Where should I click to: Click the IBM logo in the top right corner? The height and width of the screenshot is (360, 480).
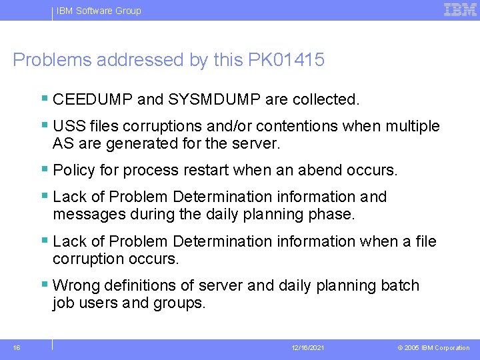[460, 9]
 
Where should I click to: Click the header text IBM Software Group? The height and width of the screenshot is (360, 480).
[99, 11]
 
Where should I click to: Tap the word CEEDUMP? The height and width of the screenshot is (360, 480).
[93, 100]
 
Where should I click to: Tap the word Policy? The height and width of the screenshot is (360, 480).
[74, 171]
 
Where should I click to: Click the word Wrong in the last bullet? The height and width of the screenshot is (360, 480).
[75, 286]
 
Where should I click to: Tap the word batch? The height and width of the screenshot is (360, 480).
[400, 286]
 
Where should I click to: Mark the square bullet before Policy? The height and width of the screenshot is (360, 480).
[44, 170]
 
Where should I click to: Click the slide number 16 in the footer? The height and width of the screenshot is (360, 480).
[17, 348]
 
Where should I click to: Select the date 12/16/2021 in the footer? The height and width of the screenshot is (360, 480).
[307, 348]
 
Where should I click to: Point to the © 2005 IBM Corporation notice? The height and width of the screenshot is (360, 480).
[433, 348]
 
